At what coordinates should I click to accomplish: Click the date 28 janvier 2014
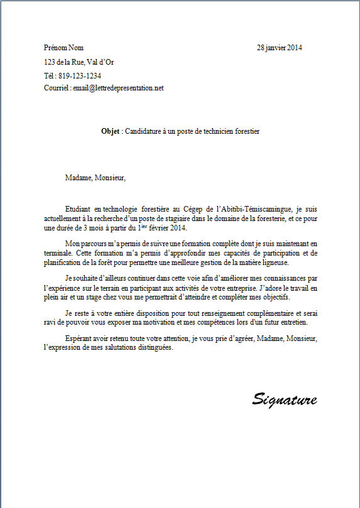click(x=280, y=48)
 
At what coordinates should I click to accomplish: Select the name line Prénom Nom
click(x=63, y=48)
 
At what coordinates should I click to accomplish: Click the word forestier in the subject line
click(x=244, y=132)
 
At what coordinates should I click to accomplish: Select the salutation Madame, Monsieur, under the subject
click(x=95, y=178)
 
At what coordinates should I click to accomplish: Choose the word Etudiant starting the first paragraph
click(x=79, y=208)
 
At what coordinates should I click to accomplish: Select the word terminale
click(x=58, y=252)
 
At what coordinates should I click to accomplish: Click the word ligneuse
click(x=272, y=262)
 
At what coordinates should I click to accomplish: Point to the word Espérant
click(x=79, y=339)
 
